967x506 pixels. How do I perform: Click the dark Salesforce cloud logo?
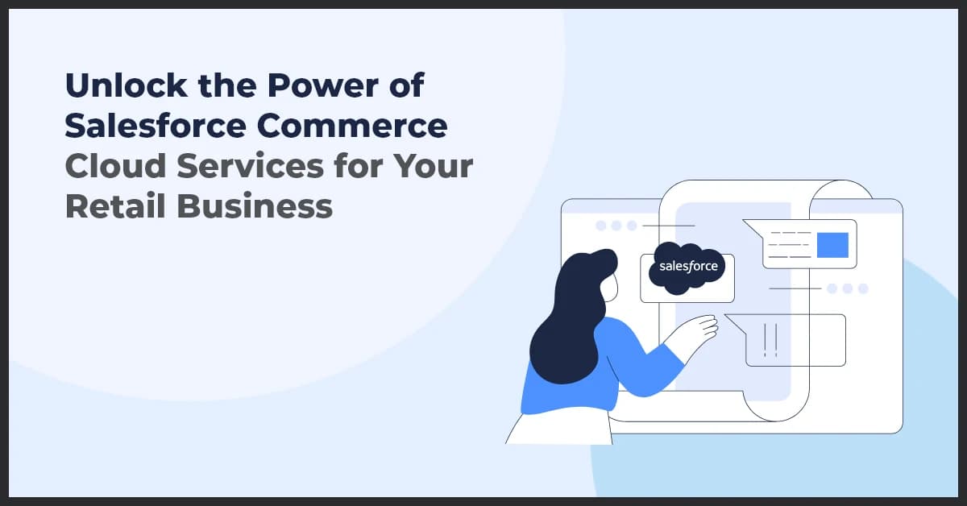687,267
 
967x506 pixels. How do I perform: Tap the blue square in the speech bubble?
832,245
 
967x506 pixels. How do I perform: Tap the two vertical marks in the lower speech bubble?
770,339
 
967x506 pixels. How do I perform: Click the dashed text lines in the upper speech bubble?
791,244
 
